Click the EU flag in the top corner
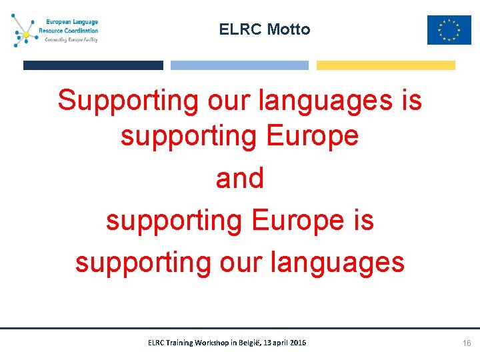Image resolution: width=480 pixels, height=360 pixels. coord(449,30)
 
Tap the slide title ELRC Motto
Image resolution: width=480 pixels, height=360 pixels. coord(265,29)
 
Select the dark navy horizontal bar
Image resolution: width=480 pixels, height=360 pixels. coord(93,65)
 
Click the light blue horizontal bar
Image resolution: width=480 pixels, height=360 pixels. coord(239,65)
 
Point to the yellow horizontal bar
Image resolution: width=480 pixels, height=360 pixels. coord(385,65)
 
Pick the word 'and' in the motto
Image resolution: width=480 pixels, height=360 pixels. coord(240,179)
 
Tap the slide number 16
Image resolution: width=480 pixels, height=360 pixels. coord(467,343)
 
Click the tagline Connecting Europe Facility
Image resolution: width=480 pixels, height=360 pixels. coord(71,39)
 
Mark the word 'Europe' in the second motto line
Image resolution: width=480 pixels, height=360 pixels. coord(312,136)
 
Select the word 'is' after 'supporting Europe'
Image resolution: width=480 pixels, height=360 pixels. coord(363,221)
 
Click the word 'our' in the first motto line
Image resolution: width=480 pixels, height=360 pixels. coord(229,101)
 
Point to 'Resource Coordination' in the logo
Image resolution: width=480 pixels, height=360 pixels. coord(68,31)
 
